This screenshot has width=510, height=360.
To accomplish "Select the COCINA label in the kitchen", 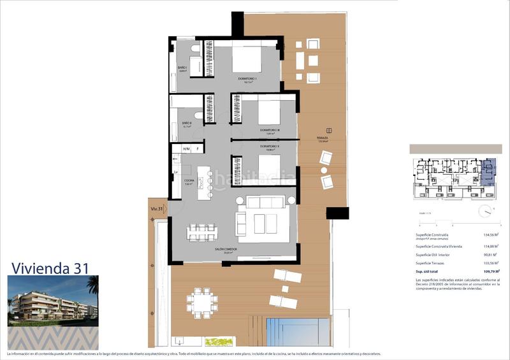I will pyautogui.click(x=189, y=181).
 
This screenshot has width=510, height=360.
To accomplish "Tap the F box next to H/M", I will pyautogui.click(x=198, y=149).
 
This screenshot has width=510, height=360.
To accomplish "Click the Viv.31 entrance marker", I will pyautogui.click(x=157, y=208).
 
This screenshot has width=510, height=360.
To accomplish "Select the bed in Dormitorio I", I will pyautogui.click(x=246, y=59).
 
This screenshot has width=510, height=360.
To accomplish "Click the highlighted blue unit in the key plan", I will pyautogui.click(x=488, y=174).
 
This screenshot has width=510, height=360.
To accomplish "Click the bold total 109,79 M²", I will pyautogui.click(x=490, y=271).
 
